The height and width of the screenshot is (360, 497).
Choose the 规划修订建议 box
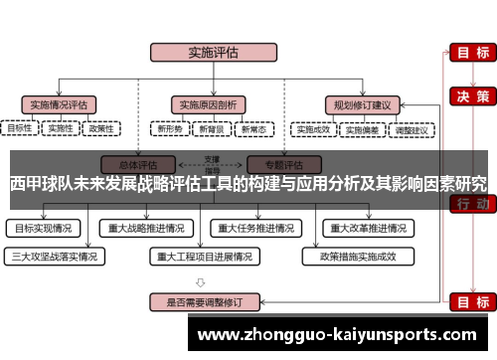tap(361, 103)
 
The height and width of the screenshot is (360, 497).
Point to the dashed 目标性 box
tap(20, 128)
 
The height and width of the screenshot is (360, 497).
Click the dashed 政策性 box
tap(100, 128)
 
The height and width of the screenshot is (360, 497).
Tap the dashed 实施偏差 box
tap(362, 128)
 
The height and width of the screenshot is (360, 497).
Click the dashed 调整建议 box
tap(411, 128)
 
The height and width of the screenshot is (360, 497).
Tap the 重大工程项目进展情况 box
tap(204, 255)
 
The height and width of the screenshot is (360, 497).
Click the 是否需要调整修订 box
tap(204, 300)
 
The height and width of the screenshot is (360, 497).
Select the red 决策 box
tap(469, 96)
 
